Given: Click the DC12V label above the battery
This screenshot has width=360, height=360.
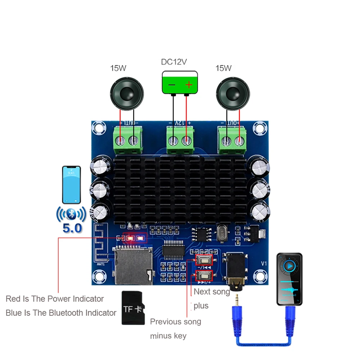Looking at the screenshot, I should click(x=174, y=62).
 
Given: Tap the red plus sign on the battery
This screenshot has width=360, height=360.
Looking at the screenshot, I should click(x=189, y=85).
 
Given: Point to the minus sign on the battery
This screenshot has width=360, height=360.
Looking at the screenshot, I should click(x=172, y=85).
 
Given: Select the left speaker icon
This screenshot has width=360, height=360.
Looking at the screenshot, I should click(x=127, y=93).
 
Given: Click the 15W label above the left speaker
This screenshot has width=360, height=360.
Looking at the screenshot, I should click(x=118, y=68).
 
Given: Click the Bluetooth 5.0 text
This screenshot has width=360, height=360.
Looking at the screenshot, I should click(x=72, y=228).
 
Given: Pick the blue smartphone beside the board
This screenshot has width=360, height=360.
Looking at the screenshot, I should click(x=71, y=185).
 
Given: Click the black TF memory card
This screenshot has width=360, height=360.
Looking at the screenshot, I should click(x=133, y=308).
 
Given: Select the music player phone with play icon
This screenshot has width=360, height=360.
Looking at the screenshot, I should click(x=289, y=279).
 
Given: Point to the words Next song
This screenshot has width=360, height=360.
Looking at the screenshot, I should click(x=212, y=292).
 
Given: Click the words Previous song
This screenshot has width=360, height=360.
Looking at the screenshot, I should click(x=175, y=321).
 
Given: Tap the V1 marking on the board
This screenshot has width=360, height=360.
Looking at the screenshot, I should click(x=264, y=264).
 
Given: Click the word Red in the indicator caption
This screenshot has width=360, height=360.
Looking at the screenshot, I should click(x=13, y=299).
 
